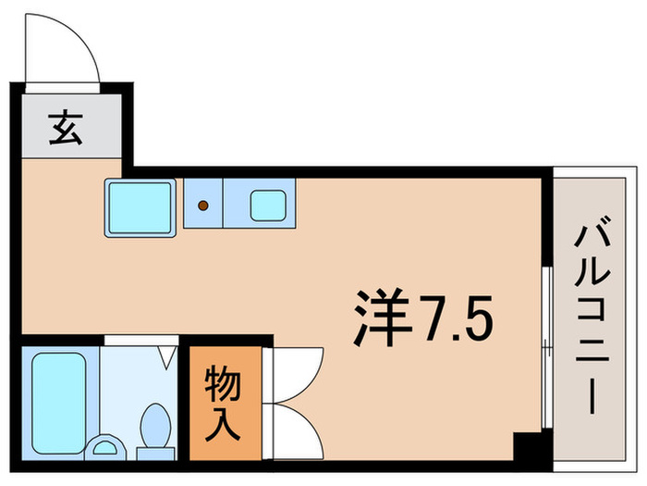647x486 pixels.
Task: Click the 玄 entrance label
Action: pos(66,126)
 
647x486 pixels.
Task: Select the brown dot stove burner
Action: pos(203,206)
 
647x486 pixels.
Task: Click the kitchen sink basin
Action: pos(267,206)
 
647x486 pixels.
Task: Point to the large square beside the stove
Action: pos(140,206)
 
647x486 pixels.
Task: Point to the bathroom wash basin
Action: pos(107,449)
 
